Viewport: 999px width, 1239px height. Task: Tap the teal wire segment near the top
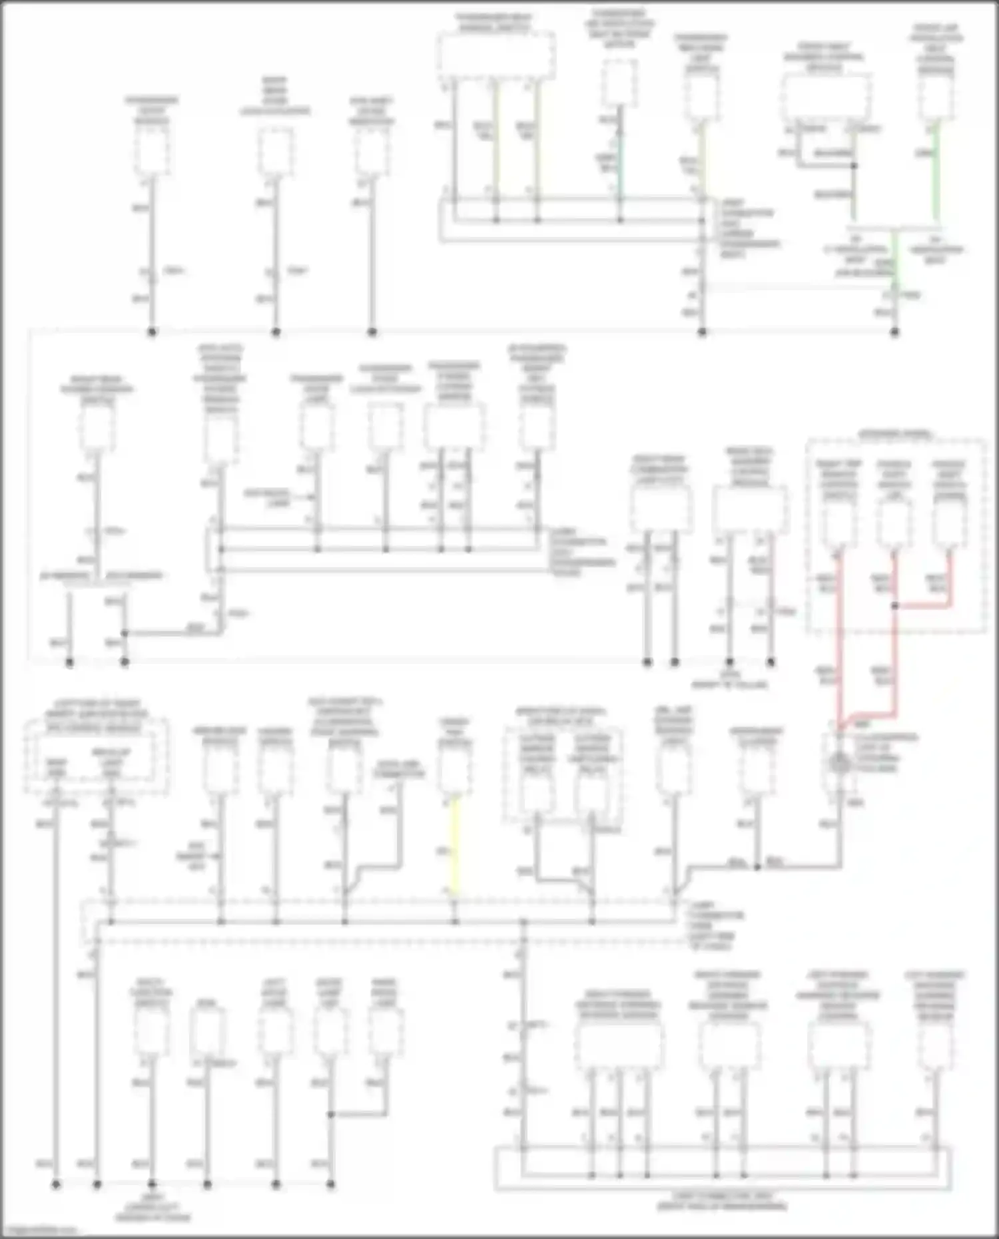(x=620, y=166)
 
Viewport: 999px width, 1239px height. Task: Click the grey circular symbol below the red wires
(x=839, y=763)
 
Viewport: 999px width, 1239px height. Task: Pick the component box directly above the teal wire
(x=619, y=83)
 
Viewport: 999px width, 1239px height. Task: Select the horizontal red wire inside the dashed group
(x=922, y=606)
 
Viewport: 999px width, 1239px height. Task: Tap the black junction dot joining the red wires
(x=894, y=606)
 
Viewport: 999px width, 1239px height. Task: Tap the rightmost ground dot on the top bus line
(x=894, y=332)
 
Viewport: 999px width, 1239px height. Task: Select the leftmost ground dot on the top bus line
(x=152, y=332)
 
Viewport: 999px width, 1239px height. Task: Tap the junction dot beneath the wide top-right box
(x=854, y=166)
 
